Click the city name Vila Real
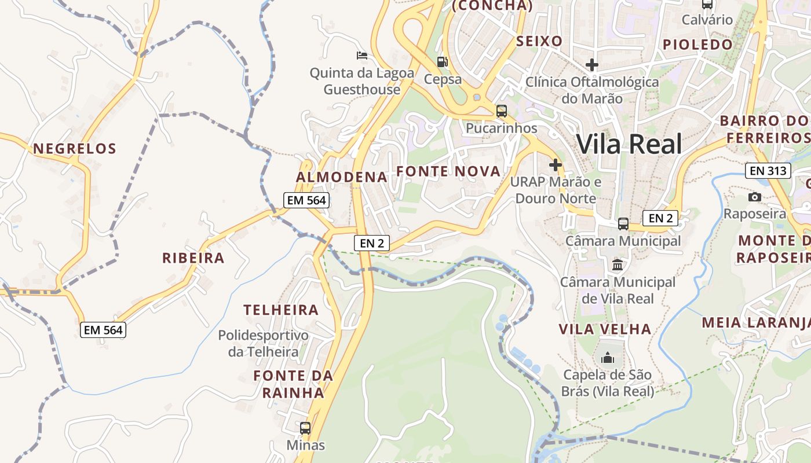coord(630,144)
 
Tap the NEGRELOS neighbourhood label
coord(75,149)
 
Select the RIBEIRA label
coord(193,258)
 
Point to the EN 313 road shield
coord(768,171)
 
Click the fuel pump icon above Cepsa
coord(443,62)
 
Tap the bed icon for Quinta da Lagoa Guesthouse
coord(362,56)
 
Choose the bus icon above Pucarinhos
coord(502,111)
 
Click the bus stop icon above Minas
coord(305,428)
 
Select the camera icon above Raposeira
coord(754,197)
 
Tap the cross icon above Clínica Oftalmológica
coord(591,64)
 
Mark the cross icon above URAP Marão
coord(556,165)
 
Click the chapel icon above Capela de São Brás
coord(608,358)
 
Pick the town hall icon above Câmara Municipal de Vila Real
coord(618,265)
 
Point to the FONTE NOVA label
coord(448,171)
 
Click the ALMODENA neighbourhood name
coord(342,177)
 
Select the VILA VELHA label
coord(605,329)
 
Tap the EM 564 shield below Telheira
coord(103,330)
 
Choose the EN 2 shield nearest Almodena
coord(372,243)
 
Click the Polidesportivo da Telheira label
coord(263,343)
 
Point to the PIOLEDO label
coord(697,45)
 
